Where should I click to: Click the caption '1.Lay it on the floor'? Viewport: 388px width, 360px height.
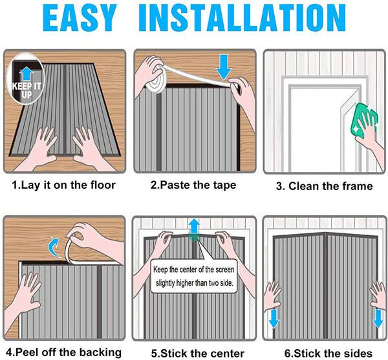pos(64,185)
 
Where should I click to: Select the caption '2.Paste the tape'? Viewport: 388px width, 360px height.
pos(193,185)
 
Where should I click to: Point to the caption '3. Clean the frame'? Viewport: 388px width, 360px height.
pos(324,186)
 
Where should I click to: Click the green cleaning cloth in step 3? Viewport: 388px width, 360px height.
pos(360,115)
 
